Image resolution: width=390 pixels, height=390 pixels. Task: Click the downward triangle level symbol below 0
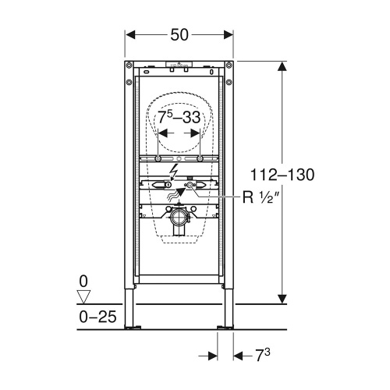coord(86,295)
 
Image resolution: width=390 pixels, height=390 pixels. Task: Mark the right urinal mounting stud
coord(200,158)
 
